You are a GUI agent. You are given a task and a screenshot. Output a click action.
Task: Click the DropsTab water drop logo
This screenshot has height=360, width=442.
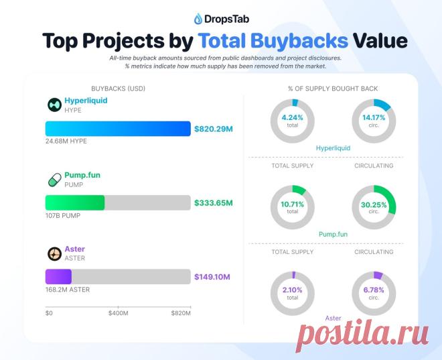198,19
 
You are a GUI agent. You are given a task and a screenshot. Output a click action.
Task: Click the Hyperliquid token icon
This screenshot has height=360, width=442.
54,105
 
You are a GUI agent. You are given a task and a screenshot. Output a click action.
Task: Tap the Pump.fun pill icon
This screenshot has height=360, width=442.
55,180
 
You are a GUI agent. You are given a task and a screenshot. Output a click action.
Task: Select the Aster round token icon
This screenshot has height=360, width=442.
54,253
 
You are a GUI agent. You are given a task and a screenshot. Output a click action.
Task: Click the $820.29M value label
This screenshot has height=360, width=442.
214,129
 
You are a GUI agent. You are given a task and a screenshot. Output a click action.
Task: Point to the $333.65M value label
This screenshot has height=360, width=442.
214,203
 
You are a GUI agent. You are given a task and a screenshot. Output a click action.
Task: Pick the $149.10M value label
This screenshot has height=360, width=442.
212,277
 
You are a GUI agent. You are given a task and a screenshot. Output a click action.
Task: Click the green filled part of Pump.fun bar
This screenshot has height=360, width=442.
75,202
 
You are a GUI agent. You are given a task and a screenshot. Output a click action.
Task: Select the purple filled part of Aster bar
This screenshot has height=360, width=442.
58,276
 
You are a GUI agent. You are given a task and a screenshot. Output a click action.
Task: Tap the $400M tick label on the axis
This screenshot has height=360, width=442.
119,313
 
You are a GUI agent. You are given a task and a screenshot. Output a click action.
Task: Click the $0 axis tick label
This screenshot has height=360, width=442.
49,313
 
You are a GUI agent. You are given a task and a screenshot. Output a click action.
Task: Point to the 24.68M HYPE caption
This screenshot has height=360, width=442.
66,141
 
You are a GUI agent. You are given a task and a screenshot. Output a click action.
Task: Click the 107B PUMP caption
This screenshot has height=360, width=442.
63,216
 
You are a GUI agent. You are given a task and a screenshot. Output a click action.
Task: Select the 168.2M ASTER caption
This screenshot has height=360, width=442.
68,290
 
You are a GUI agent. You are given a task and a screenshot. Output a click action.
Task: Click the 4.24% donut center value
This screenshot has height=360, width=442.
292,117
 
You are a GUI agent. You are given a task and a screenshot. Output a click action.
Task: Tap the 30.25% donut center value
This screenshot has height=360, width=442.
374,204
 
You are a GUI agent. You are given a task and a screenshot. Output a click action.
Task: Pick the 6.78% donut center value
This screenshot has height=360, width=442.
374,290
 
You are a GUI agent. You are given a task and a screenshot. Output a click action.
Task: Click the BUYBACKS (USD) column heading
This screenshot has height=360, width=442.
118,88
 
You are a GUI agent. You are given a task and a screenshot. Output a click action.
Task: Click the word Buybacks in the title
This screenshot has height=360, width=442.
299,41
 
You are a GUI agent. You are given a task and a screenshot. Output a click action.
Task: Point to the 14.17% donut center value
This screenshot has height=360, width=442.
374,117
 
